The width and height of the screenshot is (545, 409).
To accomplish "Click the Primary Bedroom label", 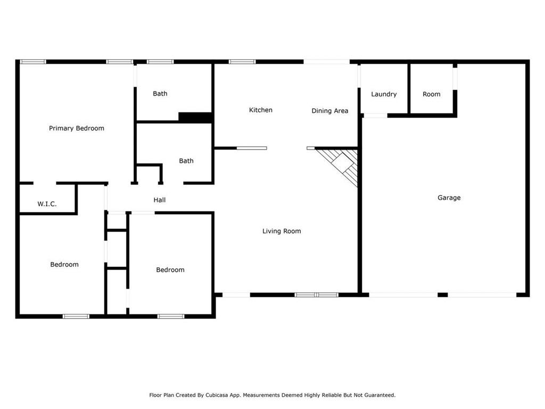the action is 77,128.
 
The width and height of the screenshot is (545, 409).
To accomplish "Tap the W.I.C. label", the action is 47,204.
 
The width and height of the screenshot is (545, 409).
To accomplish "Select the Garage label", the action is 449,198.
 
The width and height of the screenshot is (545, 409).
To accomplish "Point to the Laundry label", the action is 384,94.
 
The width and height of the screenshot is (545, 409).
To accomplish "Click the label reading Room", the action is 431,94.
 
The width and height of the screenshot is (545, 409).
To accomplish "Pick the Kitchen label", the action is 261,110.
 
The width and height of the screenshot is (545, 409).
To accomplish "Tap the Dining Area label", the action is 330,111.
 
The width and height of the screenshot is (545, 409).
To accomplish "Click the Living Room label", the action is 282,231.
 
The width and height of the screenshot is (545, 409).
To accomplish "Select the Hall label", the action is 160,200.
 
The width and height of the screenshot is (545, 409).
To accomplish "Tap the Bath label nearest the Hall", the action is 186,161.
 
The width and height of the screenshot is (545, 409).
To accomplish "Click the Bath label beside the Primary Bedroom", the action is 160,94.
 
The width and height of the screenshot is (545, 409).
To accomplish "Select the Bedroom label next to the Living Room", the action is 170,270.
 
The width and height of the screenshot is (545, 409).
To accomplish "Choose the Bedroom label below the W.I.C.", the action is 64,265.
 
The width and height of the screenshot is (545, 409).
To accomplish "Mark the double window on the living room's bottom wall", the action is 316,295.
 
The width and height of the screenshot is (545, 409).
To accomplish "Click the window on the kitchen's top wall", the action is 242,62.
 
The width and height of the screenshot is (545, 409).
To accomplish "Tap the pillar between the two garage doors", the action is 442,295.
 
